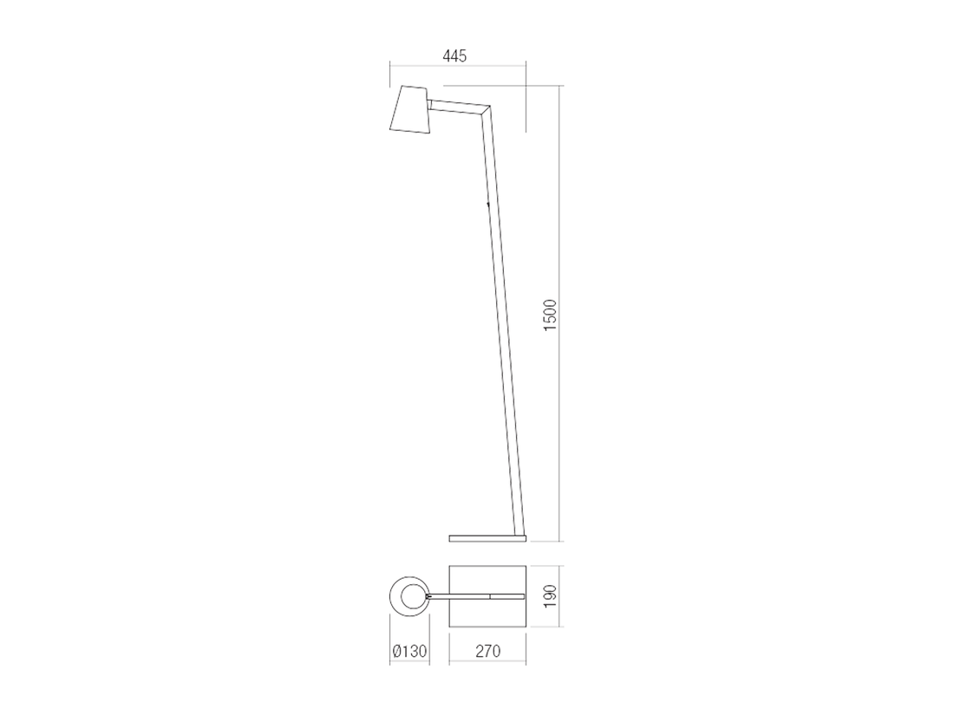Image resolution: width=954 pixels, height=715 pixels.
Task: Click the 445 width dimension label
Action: tap(454, 56)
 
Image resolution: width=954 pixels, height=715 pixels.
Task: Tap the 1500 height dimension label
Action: tap(550, 315)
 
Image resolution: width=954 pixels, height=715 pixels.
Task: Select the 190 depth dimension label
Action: tap(550, 596)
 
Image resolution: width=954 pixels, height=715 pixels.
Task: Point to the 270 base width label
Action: tap(487, 651)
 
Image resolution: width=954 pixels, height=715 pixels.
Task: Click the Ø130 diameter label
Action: tap(410, 651)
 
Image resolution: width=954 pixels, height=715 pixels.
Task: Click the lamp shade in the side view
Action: tap(409, 109)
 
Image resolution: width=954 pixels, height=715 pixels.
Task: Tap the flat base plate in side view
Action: tap(487, 538)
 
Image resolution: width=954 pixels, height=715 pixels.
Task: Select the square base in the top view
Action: tap(487, 596)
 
